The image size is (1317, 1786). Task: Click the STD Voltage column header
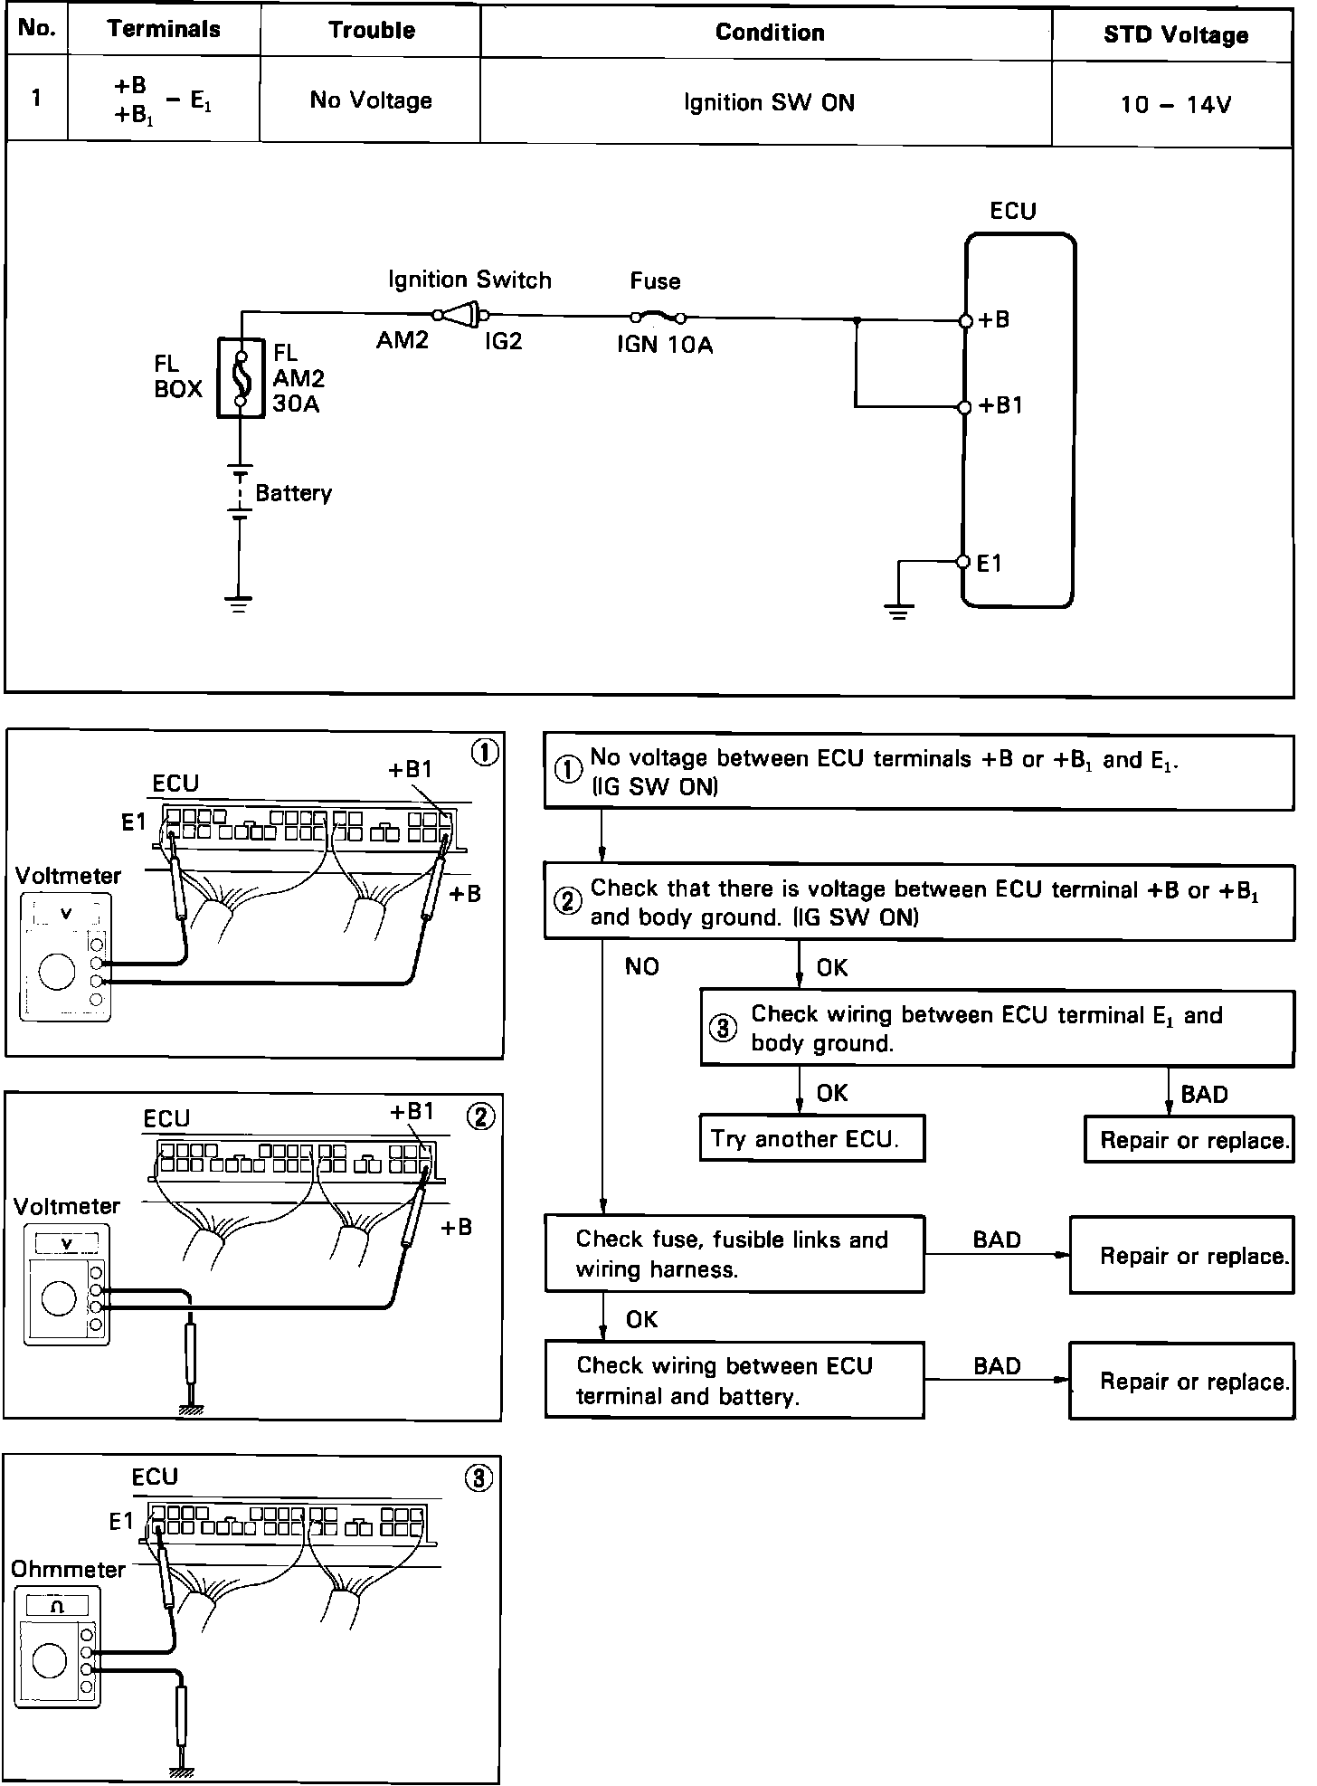pos(1175,35)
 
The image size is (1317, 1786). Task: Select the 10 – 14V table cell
pos(1175,105)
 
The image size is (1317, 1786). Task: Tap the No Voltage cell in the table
pos(371,100)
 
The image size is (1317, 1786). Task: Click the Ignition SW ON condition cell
pos(769,102)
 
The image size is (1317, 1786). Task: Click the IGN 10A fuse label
pos(665,346)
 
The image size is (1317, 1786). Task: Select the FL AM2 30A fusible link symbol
pos(241,378)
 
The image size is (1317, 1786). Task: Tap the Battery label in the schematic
pos(293,493)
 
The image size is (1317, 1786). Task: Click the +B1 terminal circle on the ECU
pos(964,407)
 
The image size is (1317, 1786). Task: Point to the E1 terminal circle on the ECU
pos(963,562)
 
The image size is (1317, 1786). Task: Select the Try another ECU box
pos(811,1138)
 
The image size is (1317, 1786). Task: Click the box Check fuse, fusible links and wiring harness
pos(734,1254)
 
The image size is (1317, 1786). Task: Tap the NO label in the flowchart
pos(641,967)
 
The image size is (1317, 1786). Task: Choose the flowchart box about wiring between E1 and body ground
pos(997,1029)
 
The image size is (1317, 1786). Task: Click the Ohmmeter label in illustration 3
pos(68,1569)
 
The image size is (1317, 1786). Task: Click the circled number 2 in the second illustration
pos(479,1116)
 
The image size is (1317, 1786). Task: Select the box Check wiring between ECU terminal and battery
pos(734,1380)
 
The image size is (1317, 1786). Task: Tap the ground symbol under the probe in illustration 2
pos(191,1408)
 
